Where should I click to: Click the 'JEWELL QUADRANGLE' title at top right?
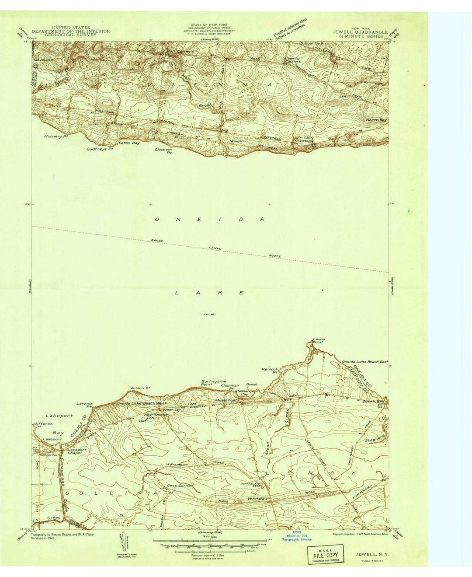pyautogui.click(x=360, y=32)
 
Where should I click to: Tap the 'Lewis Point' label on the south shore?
pyautogui.click(x=318, y=341)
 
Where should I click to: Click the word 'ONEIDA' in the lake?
pyautogui.click(x=210, y=219)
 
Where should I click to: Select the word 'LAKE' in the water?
pyautogui.click(x=209, y=292)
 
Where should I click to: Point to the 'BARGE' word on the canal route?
pyautogui.click(x=157, y=241)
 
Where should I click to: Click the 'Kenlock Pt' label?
pyautogui.click(x=270, y=371)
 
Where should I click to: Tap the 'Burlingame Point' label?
pyautogui.click(x=213, y=383)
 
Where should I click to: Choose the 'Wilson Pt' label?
pyautogui.click(x=140, y=388)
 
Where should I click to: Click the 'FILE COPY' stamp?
pyautogui.click(x=325, y=554)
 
